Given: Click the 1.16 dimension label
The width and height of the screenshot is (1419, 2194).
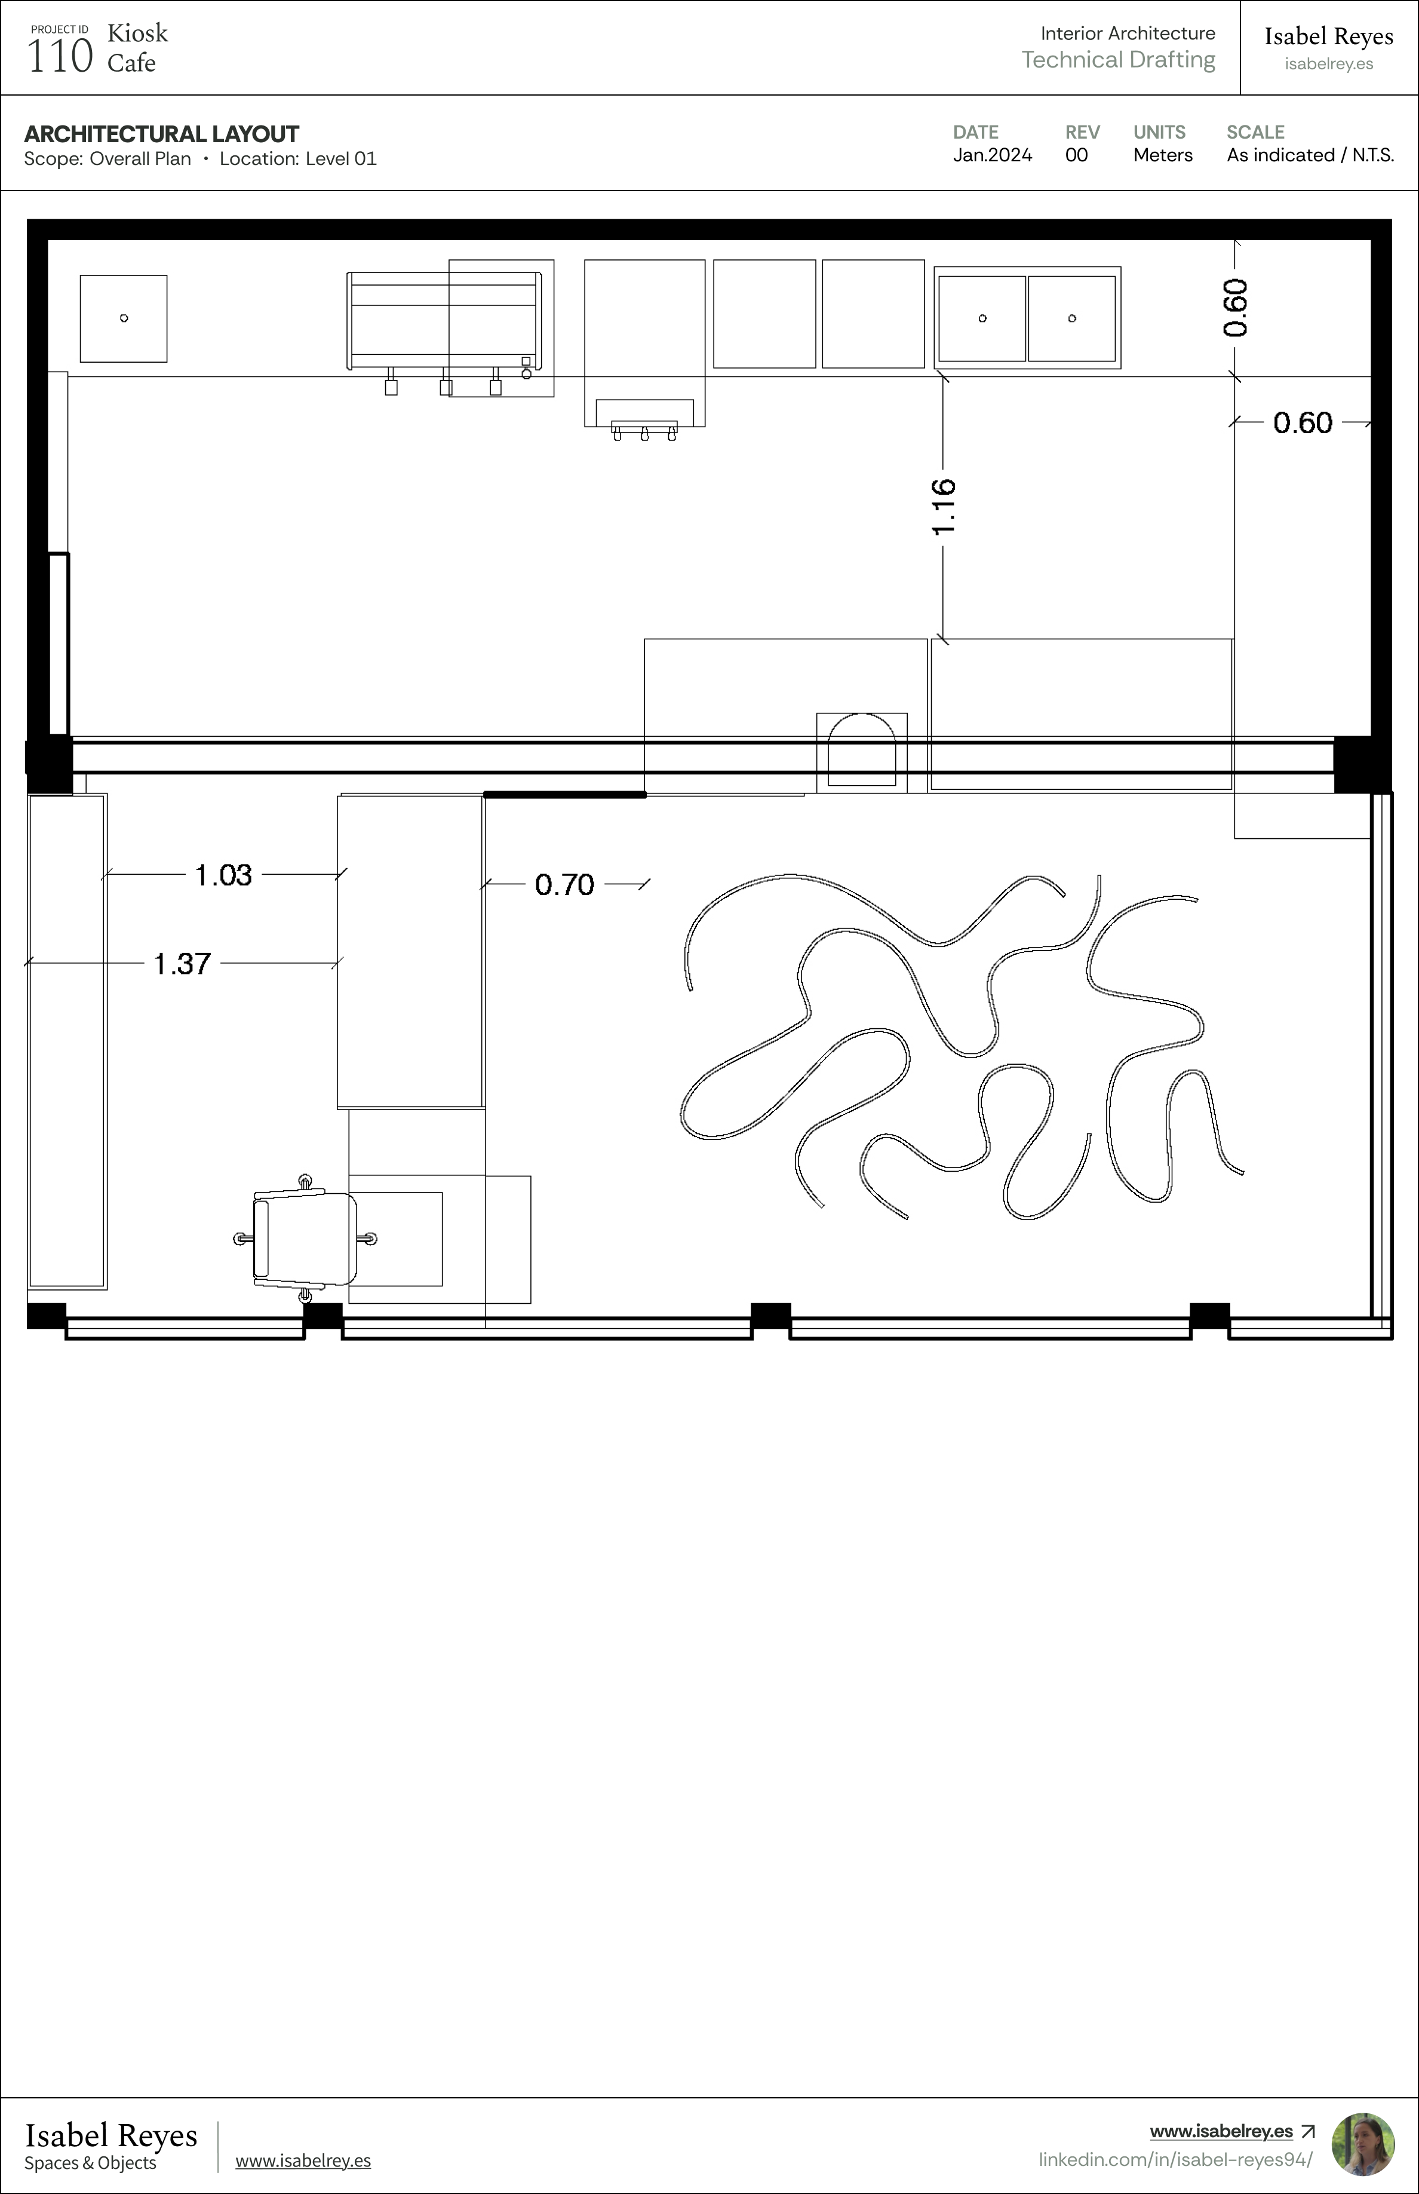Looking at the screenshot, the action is point(944,507).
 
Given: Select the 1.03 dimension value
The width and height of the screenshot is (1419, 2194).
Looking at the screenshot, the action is point(223,875).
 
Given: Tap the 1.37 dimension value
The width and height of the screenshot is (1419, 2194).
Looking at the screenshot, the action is point(182,963).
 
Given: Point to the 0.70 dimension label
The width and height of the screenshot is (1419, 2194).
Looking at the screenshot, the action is point(565,885).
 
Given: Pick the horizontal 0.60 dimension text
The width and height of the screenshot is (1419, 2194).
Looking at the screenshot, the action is point(1303,423).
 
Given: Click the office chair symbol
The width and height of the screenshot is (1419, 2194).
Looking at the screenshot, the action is point(305,1238).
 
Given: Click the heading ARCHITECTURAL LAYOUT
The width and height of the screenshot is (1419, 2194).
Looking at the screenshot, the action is point(161,134).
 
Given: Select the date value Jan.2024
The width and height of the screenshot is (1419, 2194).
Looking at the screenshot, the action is point(993,155).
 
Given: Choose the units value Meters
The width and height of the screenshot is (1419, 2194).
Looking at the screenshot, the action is point(1163,155).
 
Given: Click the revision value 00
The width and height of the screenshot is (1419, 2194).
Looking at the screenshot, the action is point(1076,155).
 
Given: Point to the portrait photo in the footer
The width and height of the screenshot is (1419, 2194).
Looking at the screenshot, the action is point(1363,2144).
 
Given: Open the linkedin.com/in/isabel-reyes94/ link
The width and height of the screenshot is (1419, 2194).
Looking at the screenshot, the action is point(1176,2159).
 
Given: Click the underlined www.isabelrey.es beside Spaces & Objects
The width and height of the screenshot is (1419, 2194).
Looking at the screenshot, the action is point(303,2160).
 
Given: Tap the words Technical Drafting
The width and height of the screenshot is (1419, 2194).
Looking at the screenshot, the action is point(1119,60).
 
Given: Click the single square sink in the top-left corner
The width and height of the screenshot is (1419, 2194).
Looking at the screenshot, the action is point(124,318).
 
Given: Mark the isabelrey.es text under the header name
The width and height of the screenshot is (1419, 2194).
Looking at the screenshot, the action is point(1329,63).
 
